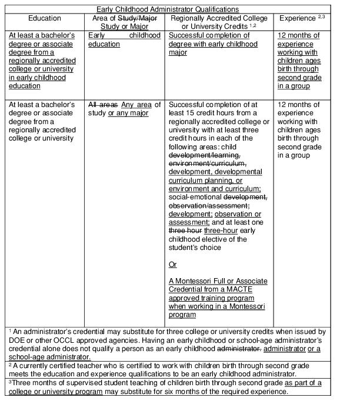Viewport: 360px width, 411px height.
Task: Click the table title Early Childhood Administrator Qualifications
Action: pyautogui.click(x=168, y=9)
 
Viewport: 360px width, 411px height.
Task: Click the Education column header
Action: pyautogui.click(x=45, y=19)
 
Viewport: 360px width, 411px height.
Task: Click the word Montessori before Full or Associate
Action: pyautogui.click(x=197, y=281)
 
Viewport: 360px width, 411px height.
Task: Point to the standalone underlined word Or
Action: pyautogui.click(x=172, y=265)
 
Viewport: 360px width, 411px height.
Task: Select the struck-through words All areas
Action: pyautogui.click(x=103, y=105)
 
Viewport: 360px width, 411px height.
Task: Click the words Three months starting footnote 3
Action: pyautogui.click(x=32, y=383)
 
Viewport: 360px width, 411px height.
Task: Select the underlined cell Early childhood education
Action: pyautogui.click(x=124, y=40)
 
